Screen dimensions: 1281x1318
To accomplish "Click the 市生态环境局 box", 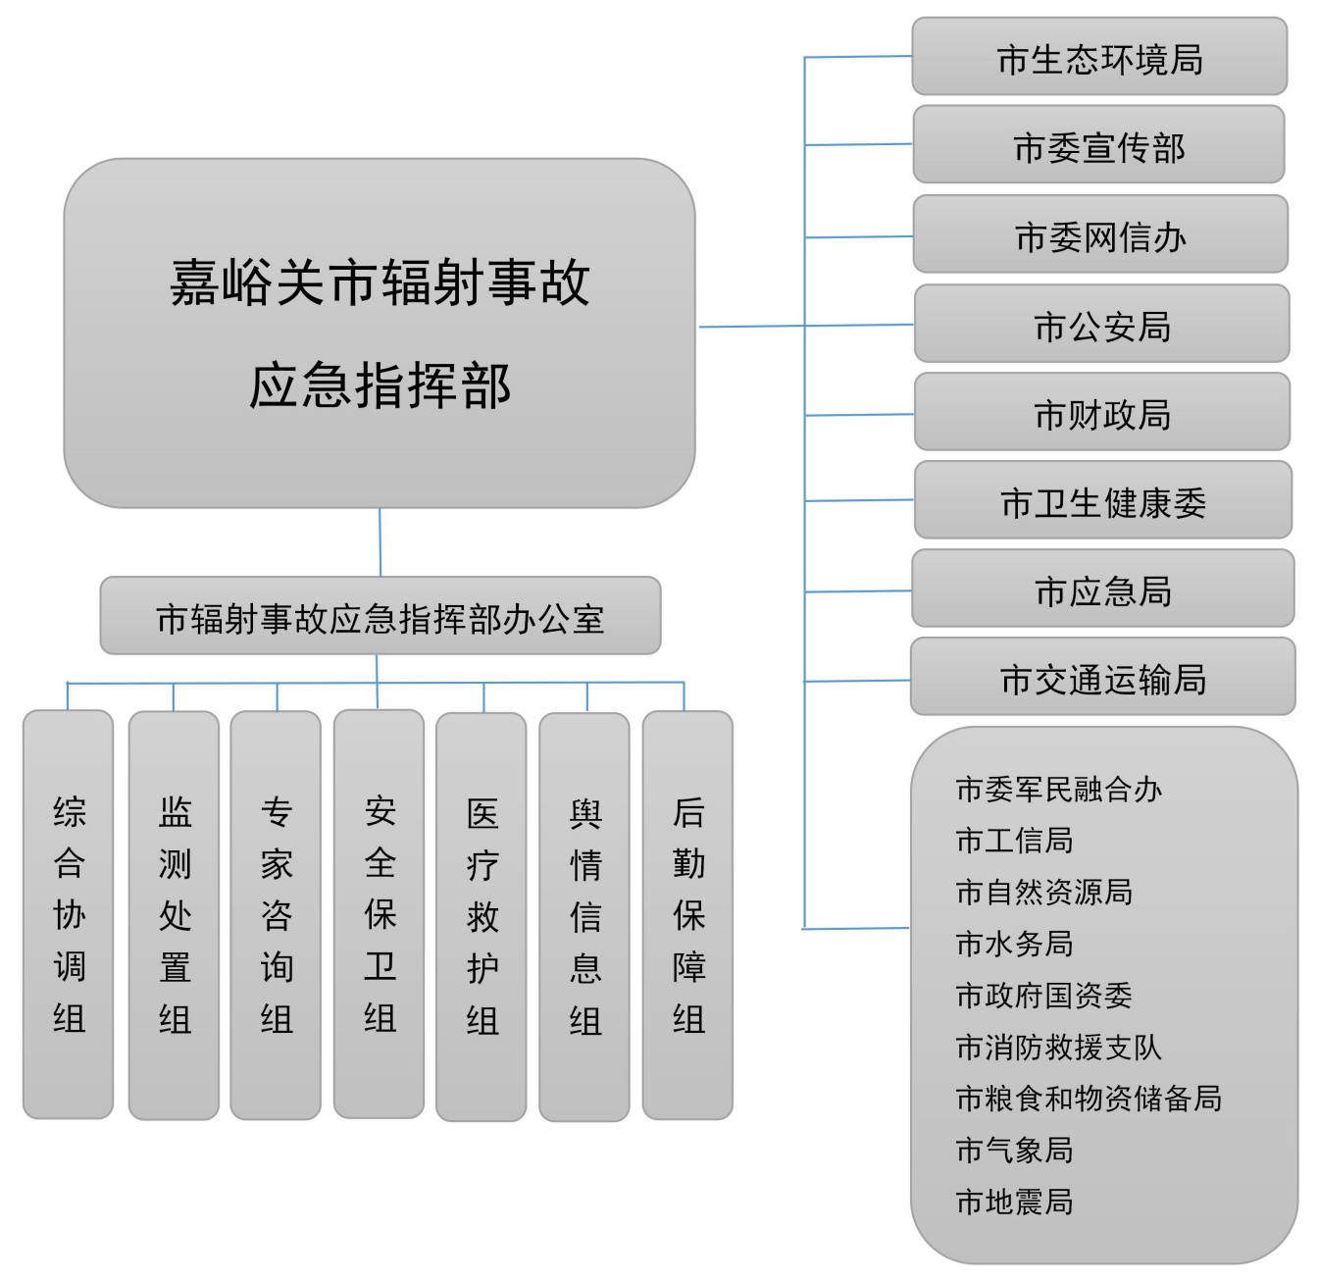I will tap(1099, 57).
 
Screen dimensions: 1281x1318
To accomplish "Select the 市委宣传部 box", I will tap(1099, 145).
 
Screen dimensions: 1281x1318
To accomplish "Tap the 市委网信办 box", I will tap(1100, 234).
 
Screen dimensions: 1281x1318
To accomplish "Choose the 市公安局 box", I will tap(1101, 324).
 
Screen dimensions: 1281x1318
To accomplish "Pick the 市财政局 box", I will tap(1101, 412).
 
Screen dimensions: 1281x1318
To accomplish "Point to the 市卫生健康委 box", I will tap(1102, 500).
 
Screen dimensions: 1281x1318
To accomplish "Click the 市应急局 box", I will tap(1102, 589).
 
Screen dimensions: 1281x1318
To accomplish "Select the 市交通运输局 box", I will tap(1102, 677).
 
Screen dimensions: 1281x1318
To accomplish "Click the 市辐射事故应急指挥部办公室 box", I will tap(380, 616).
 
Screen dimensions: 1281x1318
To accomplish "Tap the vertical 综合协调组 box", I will tap(69, 914).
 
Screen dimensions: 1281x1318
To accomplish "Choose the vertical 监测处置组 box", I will tap(174, 915).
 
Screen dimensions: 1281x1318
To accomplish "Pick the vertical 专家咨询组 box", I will tap(276, 915).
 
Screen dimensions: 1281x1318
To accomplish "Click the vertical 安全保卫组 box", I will tap(380, 914).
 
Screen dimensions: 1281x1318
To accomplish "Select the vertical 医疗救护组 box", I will tap(482, 916).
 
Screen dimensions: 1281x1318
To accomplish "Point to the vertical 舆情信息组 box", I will tap(584, 916).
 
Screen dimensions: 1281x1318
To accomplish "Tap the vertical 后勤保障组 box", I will tap(687, 915).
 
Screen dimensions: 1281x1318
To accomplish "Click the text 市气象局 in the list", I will tap(1014, 1150).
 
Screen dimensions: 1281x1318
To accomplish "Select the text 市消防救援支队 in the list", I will tap(1058, 1047).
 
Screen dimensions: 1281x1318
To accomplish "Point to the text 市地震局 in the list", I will tap(1014, 1202).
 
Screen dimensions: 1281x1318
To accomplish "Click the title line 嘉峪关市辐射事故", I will tap(380, 282).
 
